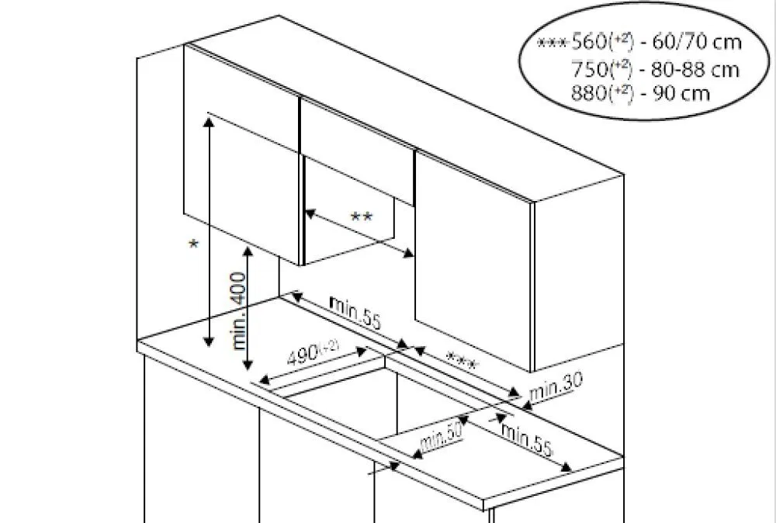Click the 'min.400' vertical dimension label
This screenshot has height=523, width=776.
click(240, 310)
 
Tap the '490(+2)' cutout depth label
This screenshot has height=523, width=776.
click(313, 352)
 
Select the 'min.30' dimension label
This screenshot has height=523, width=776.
click(556, 386)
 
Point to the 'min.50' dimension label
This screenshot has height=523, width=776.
click(441, 436)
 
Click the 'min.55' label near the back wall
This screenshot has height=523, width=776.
click(355, 313)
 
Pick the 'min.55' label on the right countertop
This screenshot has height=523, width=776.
click(526, 439)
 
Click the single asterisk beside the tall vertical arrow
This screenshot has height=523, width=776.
click(193, 244)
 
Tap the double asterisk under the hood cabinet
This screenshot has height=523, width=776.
click(362, 216)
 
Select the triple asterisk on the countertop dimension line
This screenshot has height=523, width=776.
click(462, 360)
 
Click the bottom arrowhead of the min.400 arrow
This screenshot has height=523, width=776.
click(248, 365)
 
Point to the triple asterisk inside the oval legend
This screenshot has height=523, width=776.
click(553, 43)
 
